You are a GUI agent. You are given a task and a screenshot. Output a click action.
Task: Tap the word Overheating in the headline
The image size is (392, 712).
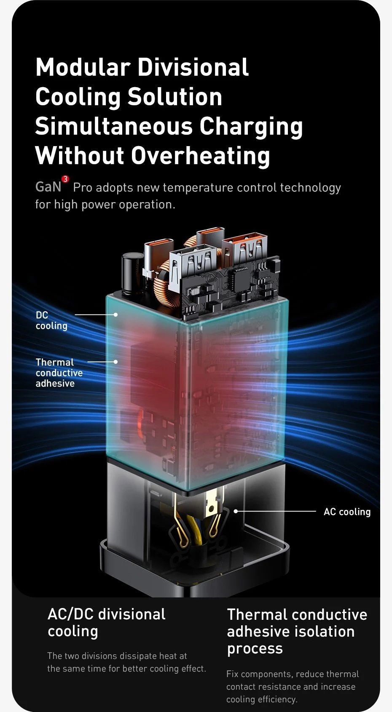tap(201, 156)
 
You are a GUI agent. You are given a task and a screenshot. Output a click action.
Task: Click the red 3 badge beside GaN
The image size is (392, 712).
tap(65, 179)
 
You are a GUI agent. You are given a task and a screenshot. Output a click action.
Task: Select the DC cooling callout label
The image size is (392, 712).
tap(51, 320)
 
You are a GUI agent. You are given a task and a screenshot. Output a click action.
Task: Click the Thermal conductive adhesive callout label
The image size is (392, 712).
tap(59, 373)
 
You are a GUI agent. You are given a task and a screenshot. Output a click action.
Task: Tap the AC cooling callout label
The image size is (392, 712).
tap(347, 512)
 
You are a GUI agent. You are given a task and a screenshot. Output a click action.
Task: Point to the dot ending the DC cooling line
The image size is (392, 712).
tap(115, 315)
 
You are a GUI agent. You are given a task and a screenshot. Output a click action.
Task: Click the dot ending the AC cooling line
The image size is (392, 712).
tap(236, 511)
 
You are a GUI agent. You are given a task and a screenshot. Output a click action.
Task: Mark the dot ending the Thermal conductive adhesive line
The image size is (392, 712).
tap(115, 362)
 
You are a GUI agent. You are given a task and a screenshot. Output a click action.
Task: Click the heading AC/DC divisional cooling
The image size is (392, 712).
tap(106, 622)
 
